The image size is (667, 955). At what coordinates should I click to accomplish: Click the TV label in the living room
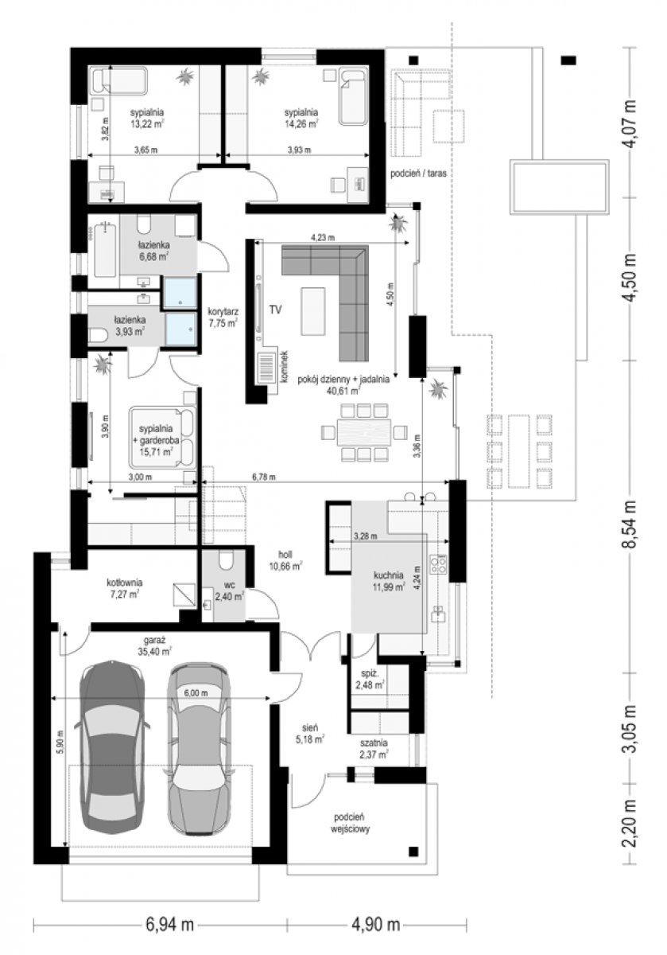pos(275,310)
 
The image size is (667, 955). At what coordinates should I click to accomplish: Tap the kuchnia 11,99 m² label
pos(389,581)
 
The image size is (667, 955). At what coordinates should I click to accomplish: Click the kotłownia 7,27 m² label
pos(124,588)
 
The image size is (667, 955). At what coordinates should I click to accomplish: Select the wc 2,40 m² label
pos(229,591)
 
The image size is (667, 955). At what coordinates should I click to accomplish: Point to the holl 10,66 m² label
pos(285,560)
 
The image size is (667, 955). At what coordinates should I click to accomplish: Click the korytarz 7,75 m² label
pos(223,318)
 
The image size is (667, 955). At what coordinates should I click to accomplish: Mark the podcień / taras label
pos(419,173)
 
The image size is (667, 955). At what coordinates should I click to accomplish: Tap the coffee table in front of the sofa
pos(313,311)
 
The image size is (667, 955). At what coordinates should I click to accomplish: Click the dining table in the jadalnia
pos(364,432)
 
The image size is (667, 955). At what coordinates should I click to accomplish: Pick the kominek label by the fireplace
pos(284,367)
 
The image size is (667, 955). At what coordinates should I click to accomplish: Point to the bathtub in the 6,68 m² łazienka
pos(104,251)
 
